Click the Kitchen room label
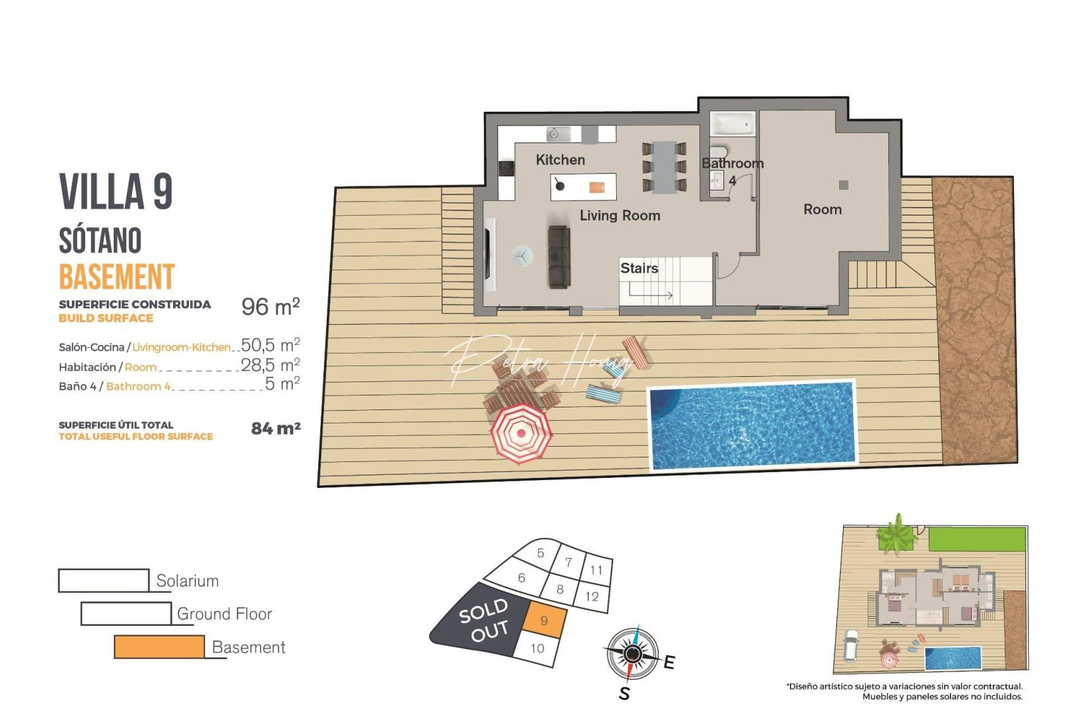(560, 160)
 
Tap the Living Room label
(620, 216)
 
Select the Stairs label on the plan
(639, 268)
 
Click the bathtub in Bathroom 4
(732, 124)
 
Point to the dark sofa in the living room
(559, 256)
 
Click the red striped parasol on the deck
(521, 433)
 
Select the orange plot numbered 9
(545, 620)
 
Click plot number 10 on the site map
(538, 648)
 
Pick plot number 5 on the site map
(540, 553)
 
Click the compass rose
(632, 654)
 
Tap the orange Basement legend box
(159, 647)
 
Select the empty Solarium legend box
(104, 581)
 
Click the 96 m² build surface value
(270, 307)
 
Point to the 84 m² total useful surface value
(275, 429)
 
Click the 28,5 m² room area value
(270, 365)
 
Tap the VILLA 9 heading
(116, 192)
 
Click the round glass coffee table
(522, 256)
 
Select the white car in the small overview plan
(851, 644)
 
